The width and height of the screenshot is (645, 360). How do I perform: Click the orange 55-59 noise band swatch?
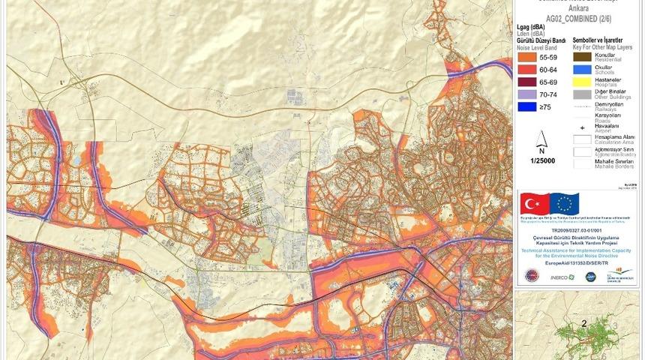coord(529,56)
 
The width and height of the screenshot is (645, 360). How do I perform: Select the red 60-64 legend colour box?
coord(529,69)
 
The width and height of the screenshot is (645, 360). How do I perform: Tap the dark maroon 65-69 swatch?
coord(529,82)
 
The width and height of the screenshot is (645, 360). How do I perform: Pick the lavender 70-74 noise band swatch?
coord(529,94)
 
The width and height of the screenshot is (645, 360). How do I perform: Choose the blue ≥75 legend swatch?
coord(529,107)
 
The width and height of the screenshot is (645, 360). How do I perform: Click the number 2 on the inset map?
coord(583,324)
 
